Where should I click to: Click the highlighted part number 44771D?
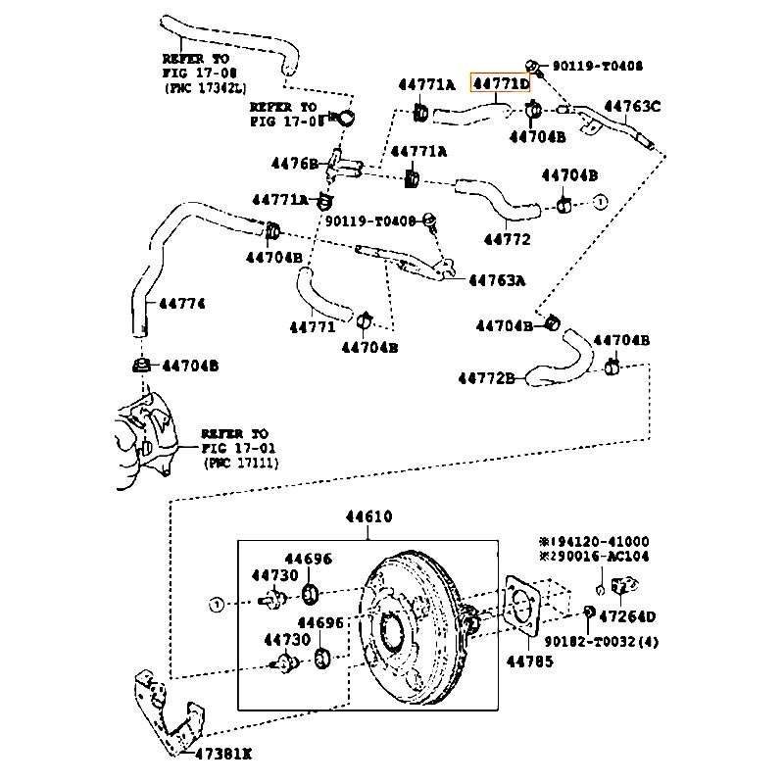501,84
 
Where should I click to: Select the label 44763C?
631,106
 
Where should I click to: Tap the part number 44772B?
486,377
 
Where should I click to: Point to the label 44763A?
496,280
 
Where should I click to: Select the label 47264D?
627,616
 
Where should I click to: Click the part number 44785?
529,661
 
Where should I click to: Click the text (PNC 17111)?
240,462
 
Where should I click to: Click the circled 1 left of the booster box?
217,604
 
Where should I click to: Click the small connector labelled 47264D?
620,587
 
